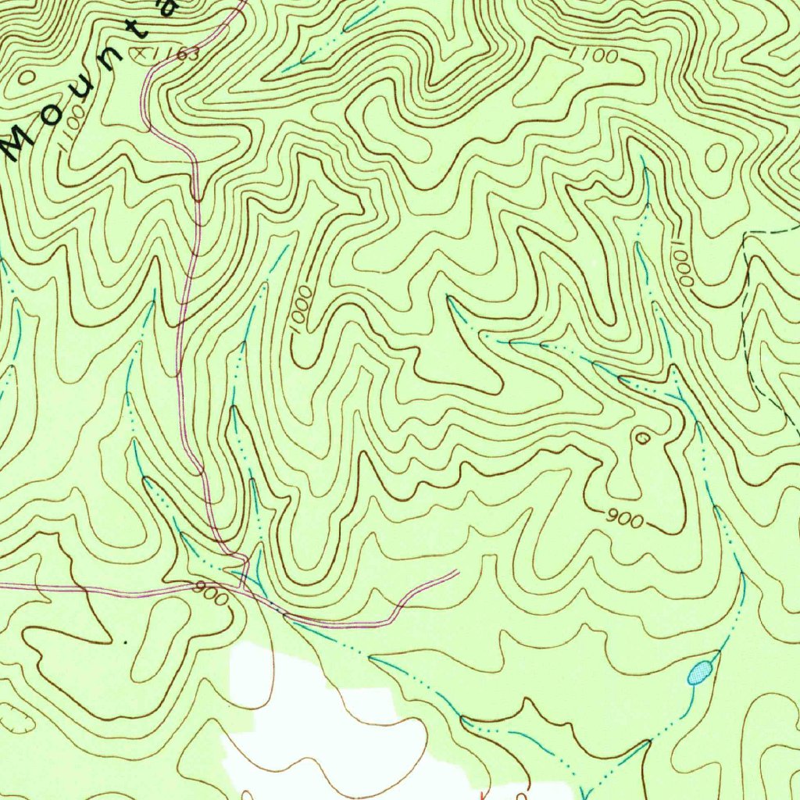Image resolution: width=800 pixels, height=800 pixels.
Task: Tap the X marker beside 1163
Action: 141,52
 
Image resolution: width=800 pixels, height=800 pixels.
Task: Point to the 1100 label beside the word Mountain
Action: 71,124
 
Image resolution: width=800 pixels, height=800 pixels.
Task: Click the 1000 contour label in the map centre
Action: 302,310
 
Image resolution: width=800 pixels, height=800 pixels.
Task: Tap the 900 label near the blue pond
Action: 624,519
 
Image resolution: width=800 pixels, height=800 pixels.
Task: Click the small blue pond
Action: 699,672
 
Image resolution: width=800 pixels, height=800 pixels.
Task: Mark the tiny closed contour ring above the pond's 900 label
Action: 642,438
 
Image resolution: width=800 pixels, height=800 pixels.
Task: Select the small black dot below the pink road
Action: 125,642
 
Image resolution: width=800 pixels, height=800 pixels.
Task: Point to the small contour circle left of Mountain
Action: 26,77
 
